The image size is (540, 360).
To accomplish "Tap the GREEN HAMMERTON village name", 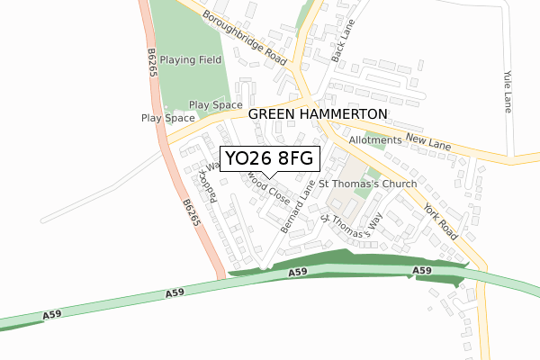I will [x=317, y=114].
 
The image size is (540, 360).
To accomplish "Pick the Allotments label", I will [x=372, y=141].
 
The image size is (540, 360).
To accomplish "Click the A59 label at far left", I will [x=52, y=314].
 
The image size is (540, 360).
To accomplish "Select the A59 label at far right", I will [x=422, y=271].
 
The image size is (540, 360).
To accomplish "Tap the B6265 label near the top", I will [x=152, y=64].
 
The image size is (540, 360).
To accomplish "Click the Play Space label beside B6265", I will [x=167, y=118].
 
